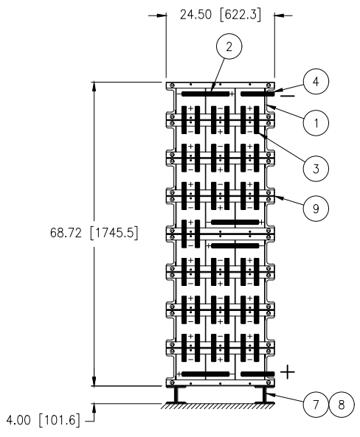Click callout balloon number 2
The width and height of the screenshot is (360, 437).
tap(229, 46)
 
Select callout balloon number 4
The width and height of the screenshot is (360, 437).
tap(316, 82)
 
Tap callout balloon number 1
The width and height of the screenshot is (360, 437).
tap(316, 122)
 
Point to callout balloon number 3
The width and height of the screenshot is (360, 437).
tap(316, 169)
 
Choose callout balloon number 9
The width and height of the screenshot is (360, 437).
tap(316, 209)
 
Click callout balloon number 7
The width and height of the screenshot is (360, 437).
tap(316, 405)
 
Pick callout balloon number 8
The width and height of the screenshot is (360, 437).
tap(342, 405)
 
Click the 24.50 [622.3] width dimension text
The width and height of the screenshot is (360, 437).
tap(221, 15)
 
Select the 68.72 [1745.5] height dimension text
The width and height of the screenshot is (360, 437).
tap(94, 232)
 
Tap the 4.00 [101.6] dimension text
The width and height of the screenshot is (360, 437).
tap(43, 420)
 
